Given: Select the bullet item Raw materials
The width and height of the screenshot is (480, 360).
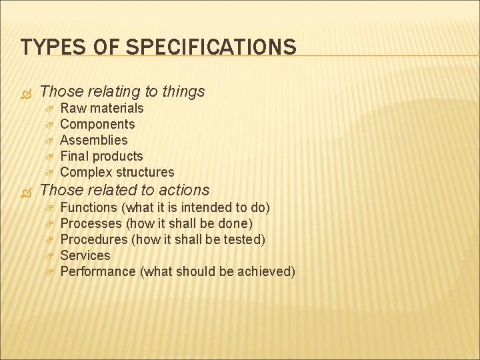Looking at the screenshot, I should pyautogui.click(x=101, y=108).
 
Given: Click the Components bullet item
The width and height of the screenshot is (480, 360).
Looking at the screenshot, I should pyautogui.click(x=97, y=124).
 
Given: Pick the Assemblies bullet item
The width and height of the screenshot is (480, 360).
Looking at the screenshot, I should pyautogui.click(x=93, y=140).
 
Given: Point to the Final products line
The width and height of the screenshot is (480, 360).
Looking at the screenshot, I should pyautogui.click(x=101, y=156).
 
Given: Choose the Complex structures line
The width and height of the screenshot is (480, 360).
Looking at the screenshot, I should pyautogui.click(x=117, y=172).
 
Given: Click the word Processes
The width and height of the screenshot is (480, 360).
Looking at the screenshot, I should pyautogui.click(x=91, y=223).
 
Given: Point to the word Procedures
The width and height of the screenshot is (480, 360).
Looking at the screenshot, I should pyautogui.click(x=94, y=239).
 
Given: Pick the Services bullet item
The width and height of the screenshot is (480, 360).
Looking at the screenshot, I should pyautogui.click(x=85, y=255).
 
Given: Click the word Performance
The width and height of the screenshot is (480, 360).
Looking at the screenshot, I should pyautogui.click(x=98, y=271).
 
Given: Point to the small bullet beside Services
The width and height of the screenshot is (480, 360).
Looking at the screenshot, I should pyautogui.click(x=48, y=255).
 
